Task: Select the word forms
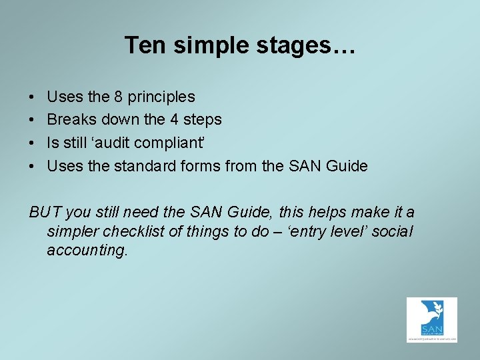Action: click(x=201, y=166)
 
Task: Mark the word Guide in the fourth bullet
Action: click(x=346, y=166)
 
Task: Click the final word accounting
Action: click(x=87, y=251)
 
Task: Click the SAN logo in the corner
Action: click(x=431, y=319)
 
